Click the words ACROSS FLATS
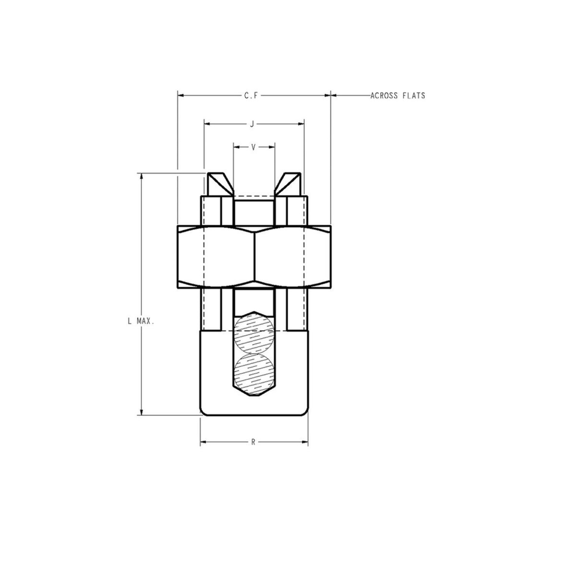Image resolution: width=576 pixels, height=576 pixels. tap(397, 96)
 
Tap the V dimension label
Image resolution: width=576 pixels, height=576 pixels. tap(253, 147)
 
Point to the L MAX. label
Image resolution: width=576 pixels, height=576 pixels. tap(141, 321)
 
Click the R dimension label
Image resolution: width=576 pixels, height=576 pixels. tap(253, 442)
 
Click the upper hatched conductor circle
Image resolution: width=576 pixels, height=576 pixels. tap(253, 334)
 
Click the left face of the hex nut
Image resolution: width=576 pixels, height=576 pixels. tap(216, 257)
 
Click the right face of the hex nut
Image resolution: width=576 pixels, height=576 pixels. tap(292, 257)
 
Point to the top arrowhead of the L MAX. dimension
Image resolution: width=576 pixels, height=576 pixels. tap(141, 176)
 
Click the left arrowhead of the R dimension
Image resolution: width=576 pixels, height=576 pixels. tap(204, 442)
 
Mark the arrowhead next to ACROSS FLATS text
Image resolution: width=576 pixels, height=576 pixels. tap(335, 96)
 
